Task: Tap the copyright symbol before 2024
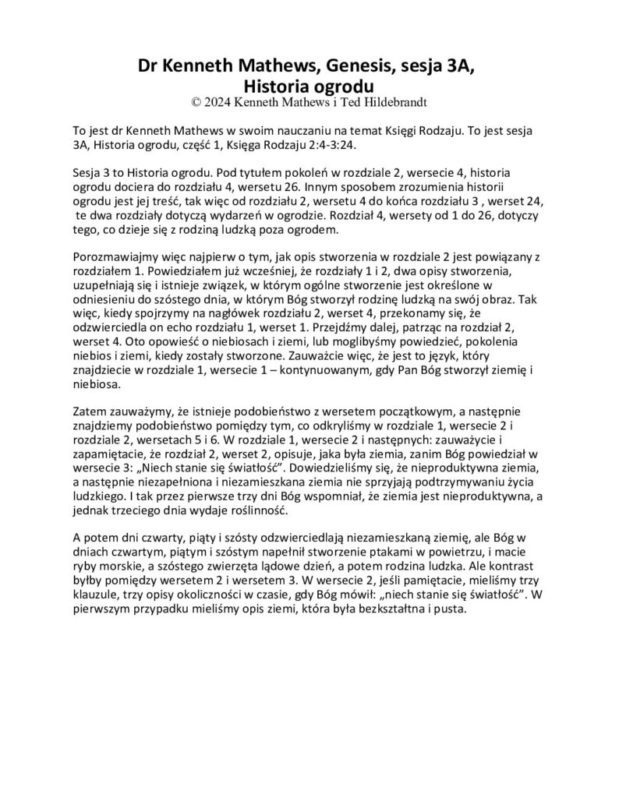195,101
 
